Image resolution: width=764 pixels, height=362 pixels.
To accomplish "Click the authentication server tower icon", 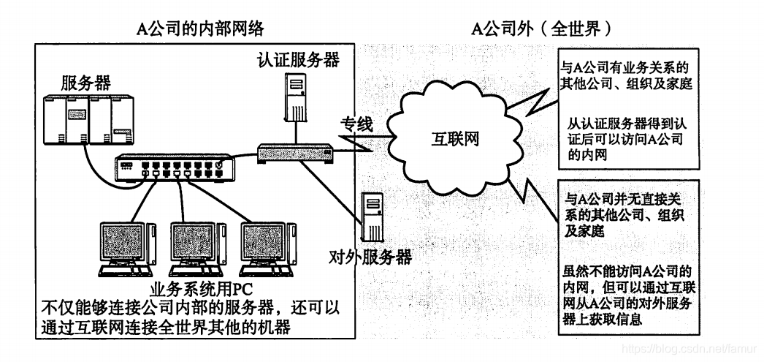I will (x=294, y=98).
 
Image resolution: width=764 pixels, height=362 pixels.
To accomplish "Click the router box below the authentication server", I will (x=296, y=153).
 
